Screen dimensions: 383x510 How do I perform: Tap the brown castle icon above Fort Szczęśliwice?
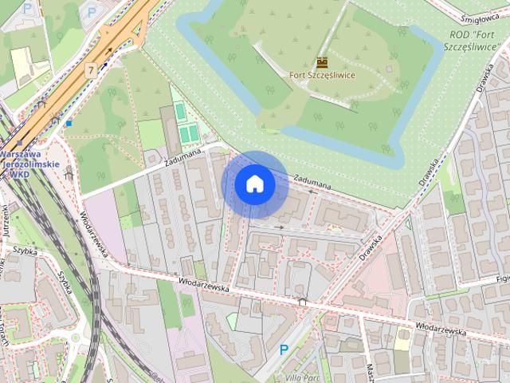(322, 62)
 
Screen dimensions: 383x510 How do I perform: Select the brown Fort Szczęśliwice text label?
(322, 75)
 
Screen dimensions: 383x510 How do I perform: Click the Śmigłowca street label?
(479, 11)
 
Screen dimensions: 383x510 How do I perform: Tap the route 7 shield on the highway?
(93, 69)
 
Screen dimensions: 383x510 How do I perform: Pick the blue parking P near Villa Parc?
(284, 349)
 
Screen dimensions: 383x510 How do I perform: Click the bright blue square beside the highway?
(69, 124)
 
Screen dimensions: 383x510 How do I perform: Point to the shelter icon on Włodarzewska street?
(301, 302)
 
